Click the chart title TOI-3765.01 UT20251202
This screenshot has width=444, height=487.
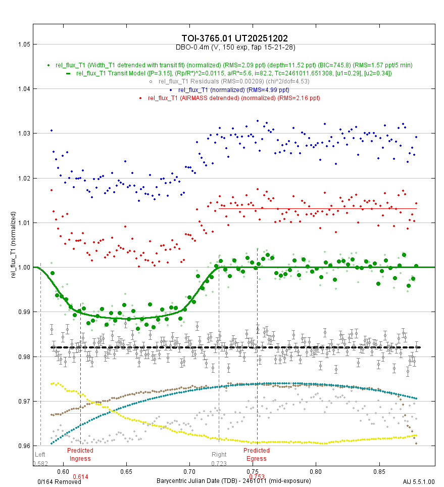pyautogui.click(x=235, y=39)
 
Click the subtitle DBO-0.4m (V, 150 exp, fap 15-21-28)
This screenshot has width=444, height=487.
pyautogui.click(x=235, y=47)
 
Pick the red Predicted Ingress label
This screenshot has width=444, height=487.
pyautogui.click(x=80, y=454)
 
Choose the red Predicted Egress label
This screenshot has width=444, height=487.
pyautogui.click(x=257, y=454)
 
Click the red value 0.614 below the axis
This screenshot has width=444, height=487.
pyautogui.click(x=80, y=476)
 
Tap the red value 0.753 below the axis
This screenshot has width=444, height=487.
pyautogui.click(x=257, y=476)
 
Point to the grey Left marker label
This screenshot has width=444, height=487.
pyautogui.click(x=40, y=455)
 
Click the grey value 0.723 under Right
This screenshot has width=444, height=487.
pyautogui.click(x=219, y=463)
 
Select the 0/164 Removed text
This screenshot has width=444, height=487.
pyautogui.click(x=52, y=482)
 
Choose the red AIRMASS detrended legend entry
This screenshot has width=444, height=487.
pyautogui.click(x=234, y=98)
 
